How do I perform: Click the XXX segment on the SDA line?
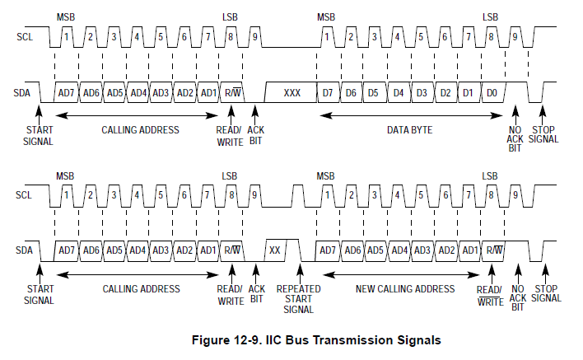(291, 92)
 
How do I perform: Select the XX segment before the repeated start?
(275, 250)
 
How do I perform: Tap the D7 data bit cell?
(328, 92)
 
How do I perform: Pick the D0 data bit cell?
(492, 92)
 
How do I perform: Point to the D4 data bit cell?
(398, 92)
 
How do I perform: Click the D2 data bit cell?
(445, 92)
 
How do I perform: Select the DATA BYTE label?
(409, 129)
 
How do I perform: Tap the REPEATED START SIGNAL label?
(298, 299)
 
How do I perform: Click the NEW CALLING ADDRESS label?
(404, 289)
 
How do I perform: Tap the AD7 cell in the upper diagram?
(67, 92)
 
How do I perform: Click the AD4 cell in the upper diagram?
(138, 92)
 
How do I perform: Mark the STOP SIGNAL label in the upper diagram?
(544, 134)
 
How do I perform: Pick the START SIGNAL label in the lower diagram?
(40, 294)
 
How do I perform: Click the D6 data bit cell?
(351, 92)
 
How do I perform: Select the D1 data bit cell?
(468, 92)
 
